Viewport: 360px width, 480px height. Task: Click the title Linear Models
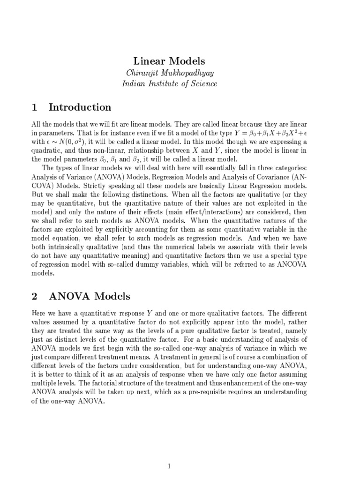tap(169, 61)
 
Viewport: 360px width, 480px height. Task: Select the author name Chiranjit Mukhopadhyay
tap(169, 73)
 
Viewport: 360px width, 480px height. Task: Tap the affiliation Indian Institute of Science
tap(169, 84)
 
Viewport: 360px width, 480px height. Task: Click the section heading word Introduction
tap(80, 107)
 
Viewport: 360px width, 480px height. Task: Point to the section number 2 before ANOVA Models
tap(34, 296)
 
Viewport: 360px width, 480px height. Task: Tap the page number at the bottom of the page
tap(170, 453)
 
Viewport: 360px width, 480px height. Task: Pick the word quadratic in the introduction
tap(47, 150)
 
